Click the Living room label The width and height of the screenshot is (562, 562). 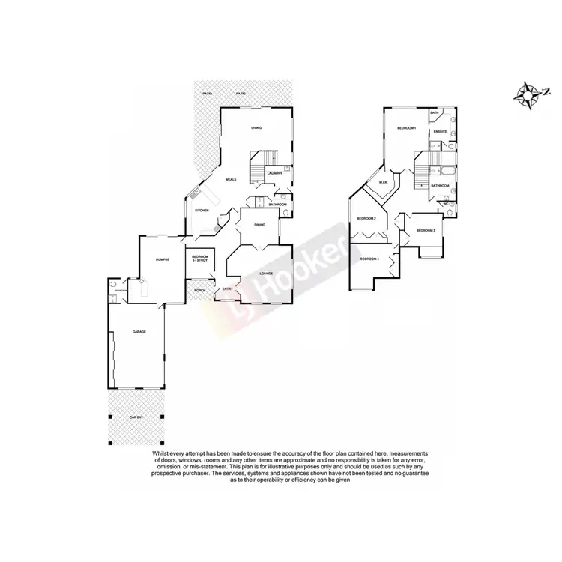256,128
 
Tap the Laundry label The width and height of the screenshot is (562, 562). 275,174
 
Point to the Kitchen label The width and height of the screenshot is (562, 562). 202,211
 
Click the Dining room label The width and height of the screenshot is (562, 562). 259,225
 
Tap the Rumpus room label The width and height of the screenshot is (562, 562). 159,259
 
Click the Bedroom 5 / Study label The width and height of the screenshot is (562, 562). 200,259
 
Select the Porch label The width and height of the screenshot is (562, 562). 199,290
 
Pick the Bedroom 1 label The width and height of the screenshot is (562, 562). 406,129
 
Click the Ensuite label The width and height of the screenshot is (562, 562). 440,132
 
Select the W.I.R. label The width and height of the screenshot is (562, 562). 382,182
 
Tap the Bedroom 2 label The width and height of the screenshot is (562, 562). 366,218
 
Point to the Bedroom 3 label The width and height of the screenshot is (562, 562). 426,230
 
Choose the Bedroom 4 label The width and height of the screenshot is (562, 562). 369,259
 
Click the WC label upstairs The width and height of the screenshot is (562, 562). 445,204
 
